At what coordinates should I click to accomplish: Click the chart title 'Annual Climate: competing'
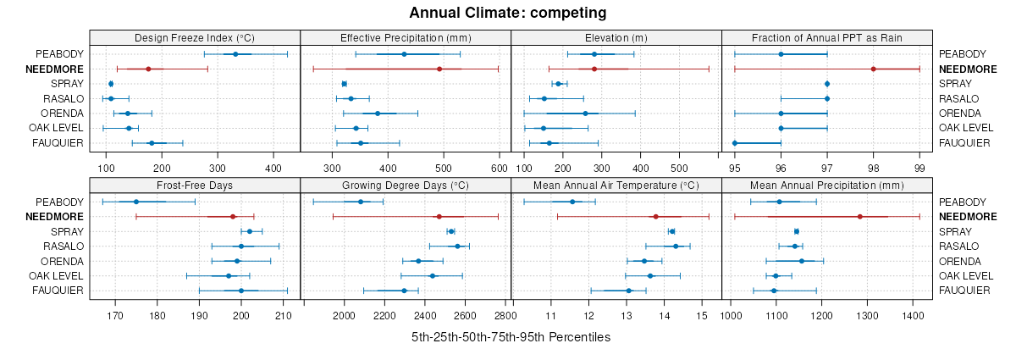[508, 13]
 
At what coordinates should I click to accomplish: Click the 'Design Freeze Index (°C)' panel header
[195, 37]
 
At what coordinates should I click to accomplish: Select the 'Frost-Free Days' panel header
[195, 185]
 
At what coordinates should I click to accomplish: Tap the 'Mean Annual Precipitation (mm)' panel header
[827, 185]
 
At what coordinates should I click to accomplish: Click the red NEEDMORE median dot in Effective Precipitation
[416, 69]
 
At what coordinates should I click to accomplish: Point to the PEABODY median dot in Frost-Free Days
[135, 202]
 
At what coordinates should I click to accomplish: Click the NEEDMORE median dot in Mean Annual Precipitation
[859, 216]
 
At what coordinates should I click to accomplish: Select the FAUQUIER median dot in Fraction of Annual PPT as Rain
[735, 143]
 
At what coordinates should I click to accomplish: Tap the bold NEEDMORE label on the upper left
[55, 69]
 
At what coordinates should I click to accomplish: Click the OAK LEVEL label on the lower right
[966, 275]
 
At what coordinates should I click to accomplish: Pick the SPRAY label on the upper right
[955, 84]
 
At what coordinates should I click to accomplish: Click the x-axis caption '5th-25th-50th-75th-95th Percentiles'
[511, 337]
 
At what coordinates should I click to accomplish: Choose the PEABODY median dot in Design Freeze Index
[235, 54]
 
